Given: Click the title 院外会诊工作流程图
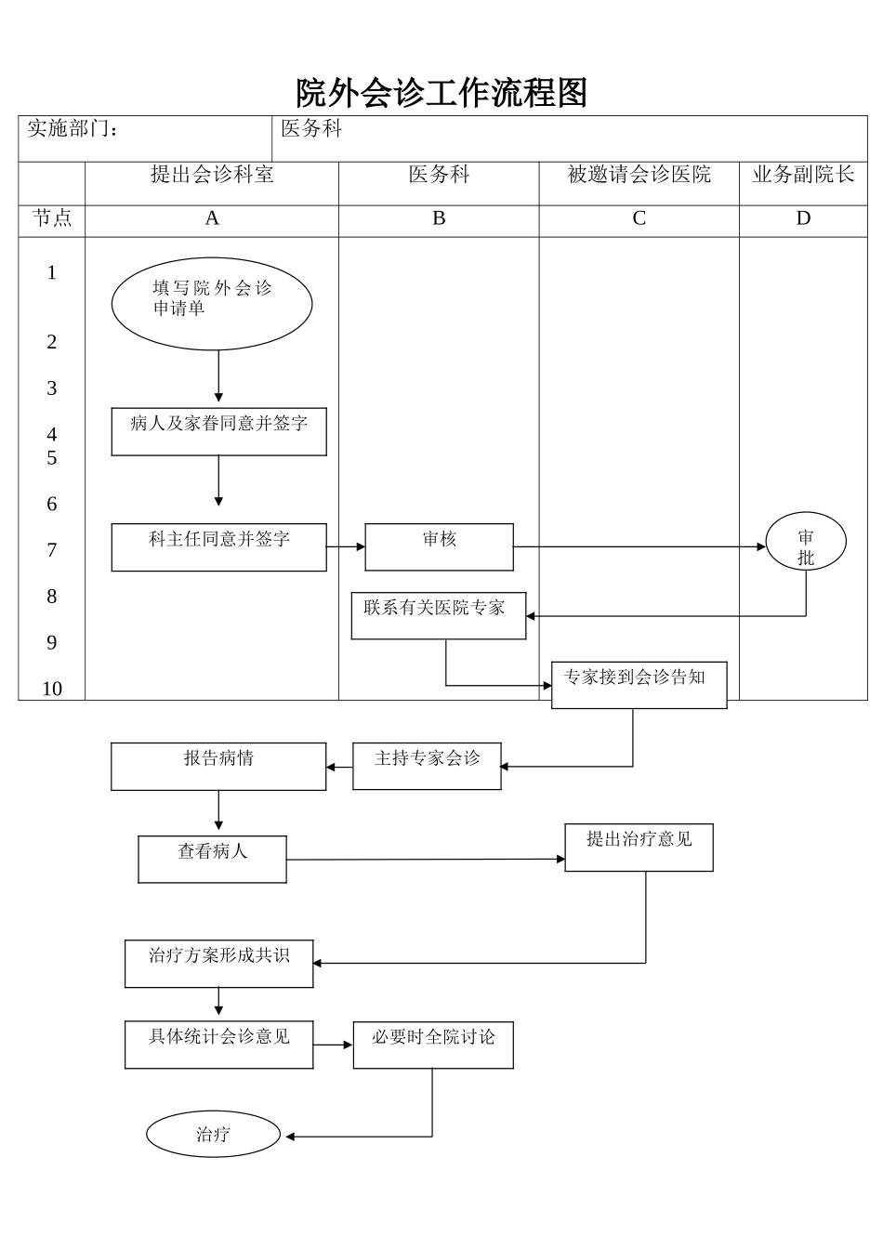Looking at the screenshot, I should (x=441, y=93).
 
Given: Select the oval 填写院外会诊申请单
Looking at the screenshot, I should (x=212, y=304).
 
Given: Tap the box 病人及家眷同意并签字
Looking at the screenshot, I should (x=218, y=431).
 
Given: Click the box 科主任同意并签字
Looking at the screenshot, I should (x=218, y=546).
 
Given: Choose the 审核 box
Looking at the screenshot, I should (x=439, y=546).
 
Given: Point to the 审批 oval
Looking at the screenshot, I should (x=805, y=542).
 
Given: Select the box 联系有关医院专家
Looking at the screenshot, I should (x=438, y=615).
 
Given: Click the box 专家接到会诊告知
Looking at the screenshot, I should (x=639, y=685).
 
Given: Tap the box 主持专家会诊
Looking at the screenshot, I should (x=427, y=766).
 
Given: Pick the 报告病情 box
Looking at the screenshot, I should (x=218, y=766).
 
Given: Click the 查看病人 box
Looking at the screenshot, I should (x=212, y=859).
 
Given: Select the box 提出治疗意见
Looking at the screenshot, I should (x=639, y=847).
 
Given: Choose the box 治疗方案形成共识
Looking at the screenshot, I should (x=218, y=963).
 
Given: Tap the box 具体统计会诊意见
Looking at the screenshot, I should (x=218, y=1045).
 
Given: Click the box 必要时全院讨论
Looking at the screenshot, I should (x=433, y=1045).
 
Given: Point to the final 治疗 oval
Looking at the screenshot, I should (x=213, y=1134).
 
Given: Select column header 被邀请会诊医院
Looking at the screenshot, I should (x=639, y=175).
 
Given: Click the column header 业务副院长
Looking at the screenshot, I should (x=803, y=175).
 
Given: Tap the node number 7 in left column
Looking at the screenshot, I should (x=52, y=550).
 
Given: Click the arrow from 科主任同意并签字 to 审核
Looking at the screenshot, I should (x=346, y=547).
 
